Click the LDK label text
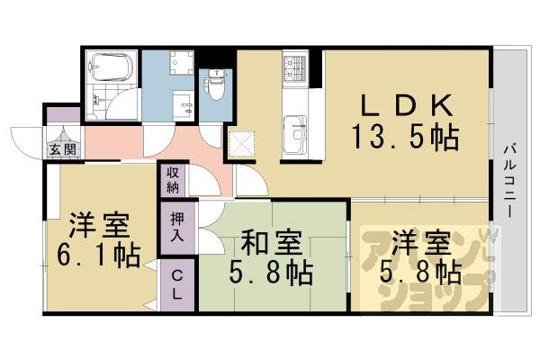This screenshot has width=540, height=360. pos(404,105)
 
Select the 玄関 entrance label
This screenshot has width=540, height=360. pos(61,148)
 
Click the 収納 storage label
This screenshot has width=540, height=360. pos(173,180)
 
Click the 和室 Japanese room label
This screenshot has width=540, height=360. pos(271,244)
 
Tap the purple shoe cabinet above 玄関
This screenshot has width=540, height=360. pos(62,116)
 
